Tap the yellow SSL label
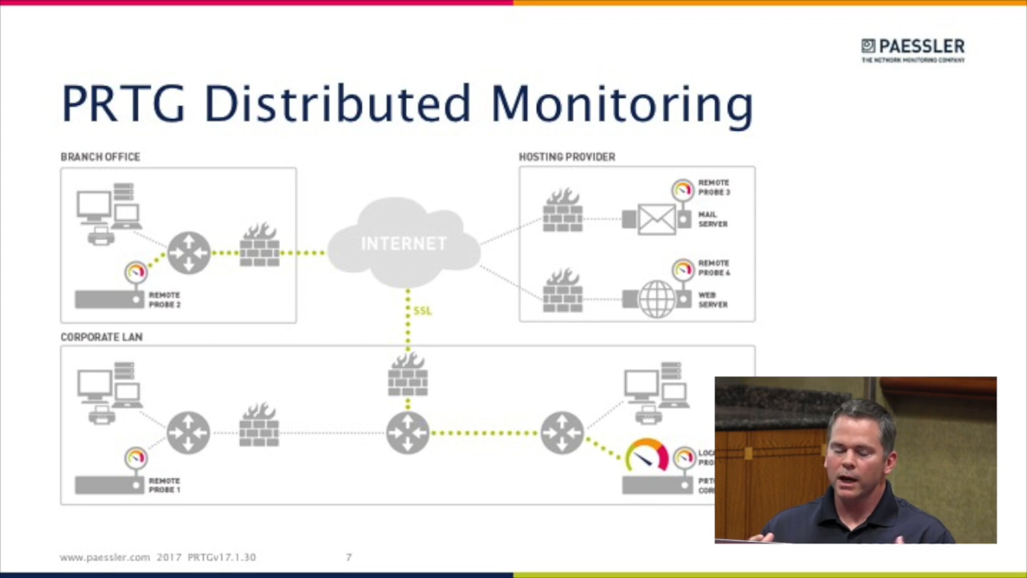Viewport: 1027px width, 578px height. click(x=422, y=311)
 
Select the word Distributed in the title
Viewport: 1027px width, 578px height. click(x=337, y=104)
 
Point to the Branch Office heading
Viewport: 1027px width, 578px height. click(x=100, y=157)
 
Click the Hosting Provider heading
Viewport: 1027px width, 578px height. click(x=567, y=157)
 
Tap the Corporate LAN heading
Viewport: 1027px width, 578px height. click(x=101, y=337)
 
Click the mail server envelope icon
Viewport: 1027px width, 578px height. click(x=656, y=219)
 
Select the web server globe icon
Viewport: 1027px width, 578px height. click(x=656, y=299)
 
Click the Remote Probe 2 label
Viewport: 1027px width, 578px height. click(x=164, y=300)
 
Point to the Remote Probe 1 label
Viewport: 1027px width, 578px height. click(x=164, y=485)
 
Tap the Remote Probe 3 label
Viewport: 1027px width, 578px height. click(x=714, y=188)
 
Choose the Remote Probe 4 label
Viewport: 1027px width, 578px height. click(x=714, y=268)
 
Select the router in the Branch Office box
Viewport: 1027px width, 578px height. click(x=189, y=253)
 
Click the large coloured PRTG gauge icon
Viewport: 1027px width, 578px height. click(x=647, y=455)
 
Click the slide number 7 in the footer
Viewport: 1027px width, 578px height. click(x=349, y=557)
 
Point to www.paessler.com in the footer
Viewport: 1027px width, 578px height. click(x=105, y=557)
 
